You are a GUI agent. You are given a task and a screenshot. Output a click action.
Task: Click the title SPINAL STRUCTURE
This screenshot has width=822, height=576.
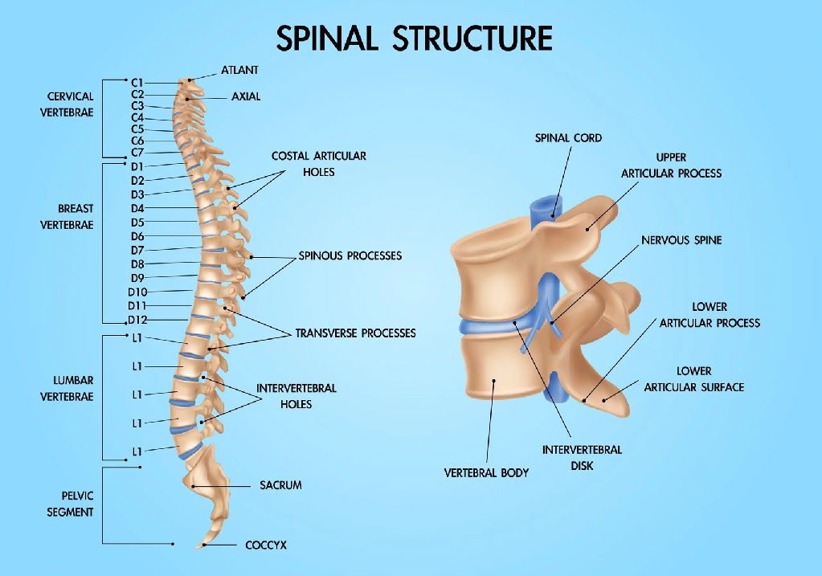(414, 39)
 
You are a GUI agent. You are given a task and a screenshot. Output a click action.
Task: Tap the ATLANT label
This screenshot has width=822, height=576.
(239, 71)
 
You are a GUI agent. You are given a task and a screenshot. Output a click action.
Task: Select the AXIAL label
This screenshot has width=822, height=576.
(246, 96)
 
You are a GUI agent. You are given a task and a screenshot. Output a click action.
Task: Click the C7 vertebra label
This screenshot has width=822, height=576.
(137, 153)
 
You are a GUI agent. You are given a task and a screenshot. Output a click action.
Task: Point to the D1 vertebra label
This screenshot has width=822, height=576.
(137, 166)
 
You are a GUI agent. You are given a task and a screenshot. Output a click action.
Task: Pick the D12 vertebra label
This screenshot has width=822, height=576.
(137, 320)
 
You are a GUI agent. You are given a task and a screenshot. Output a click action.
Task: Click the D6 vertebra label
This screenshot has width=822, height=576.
(137, 236)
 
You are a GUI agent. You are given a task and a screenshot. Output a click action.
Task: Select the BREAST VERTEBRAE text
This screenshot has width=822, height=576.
(67, 217)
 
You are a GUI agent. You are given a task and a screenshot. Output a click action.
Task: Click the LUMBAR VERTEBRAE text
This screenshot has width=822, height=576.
(67, 388)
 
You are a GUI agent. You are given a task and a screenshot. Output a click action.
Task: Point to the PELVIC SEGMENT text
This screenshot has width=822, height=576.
(67, 504)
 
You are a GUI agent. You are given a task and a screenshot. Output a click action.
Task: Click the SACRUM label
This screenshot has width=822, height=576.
(280, 485)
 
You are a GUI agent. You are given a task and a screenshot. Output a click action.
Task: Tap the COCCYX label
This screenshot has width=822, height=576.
(266, 545)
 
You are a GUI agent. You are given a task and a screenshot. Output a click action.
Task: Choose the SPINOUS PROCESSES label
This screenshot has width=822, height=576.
(350, 256)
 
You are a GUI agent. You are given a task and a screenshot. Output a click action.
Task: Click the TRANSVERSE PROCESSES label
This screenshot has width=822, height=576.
(355, 333)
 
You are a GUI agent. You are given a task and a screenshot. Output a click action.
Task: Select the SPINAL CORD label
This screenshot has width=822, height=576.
(568, 138)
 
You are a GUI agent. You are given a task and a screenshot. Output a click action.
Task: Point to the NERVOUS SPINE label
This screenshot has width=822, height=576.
(681, 240)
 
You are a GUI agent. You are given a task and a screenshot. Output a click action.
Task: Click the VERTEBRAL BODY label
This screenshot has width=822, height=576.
(486, 473)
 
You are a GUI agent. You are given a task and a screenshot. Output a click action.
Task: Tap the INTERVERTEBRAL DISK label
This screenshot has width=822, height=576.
(582, 458)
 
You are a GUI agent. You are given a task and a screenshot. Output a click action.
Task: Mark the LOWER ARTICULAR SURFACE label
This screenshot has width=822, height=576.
(693, 379)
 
